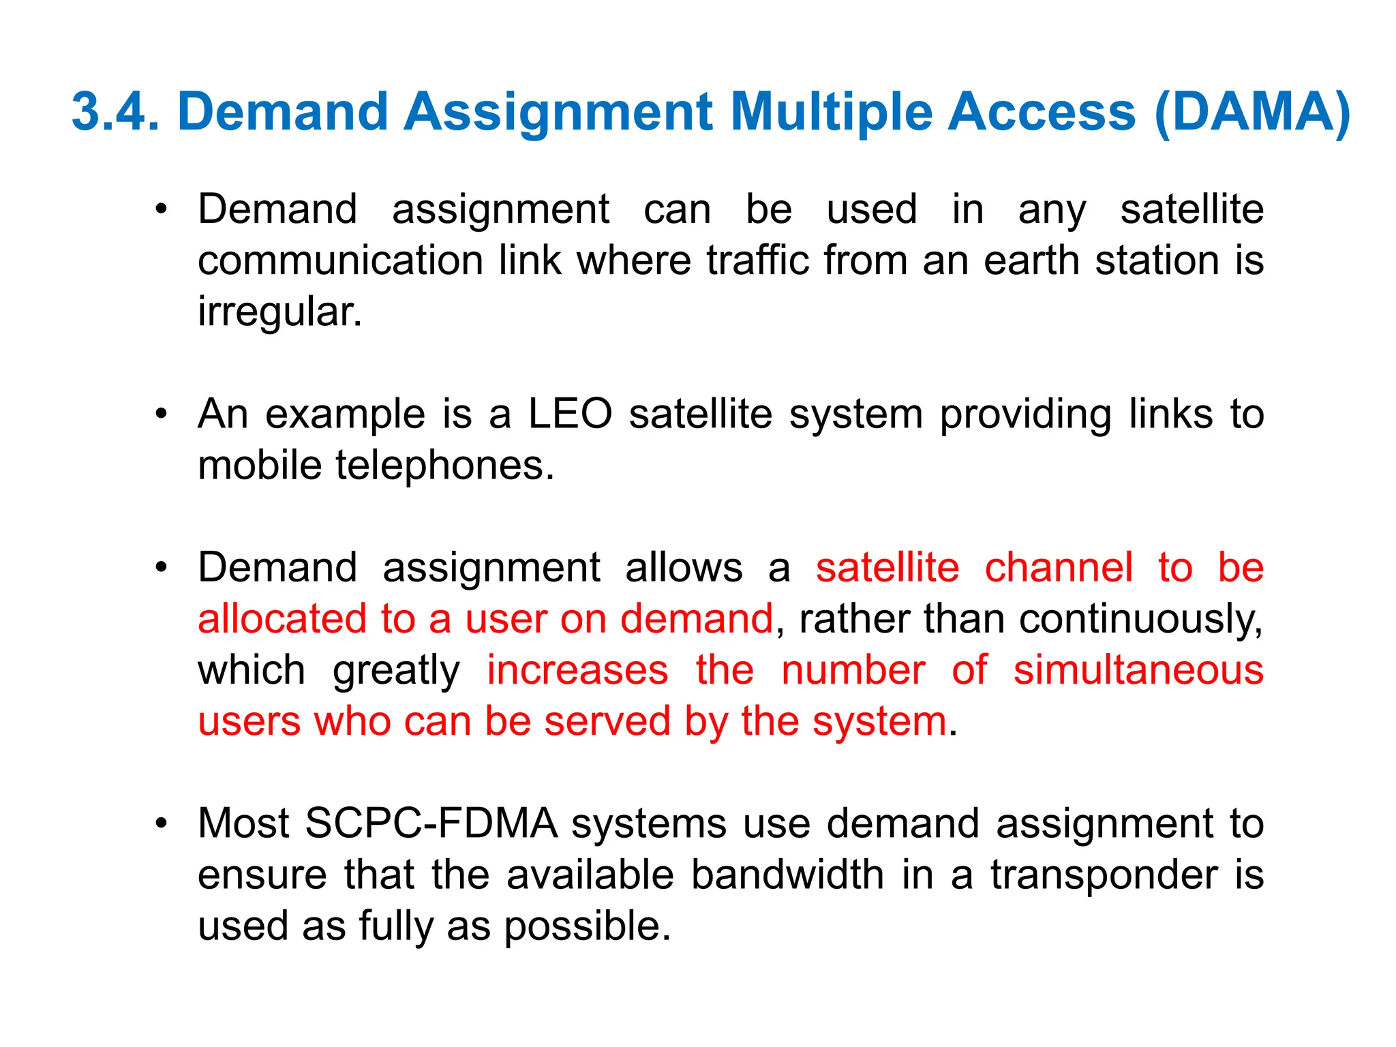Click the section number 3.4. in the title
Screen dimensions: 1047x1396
point(115,111)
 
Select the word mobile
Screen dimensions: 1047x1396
point(260,466)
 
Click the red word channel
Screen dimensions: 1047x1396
point(1059,567)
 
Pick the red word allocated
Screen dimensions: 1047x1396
point(282,619)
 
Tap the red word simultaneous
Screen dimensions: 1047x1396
point(1138,670)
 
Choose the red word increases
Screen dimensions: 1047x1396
point(577,670)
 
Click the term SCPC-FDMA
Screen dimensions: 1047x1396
point(431,823)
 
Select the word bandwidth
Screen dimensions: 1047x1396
point(787,875)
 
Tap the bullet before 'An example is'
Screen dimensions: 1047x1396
point(161,414)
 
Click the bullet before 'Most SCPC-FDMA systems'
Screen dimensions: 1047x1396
point(161,823)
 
